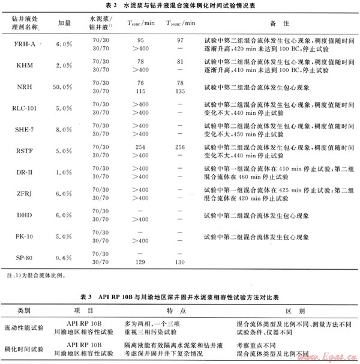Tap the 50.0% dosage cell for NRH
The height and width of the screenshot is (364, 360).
pos(64,87)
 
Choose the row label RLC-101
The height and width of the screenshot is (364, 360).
pos(24,109)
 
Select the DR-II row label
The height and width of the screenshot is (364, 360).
pos(24,172)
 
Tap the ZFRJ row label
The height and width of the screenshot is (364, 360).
pos(24,193)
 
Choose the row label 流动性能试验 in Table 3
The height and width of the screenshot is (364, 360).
pos(24,328)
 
